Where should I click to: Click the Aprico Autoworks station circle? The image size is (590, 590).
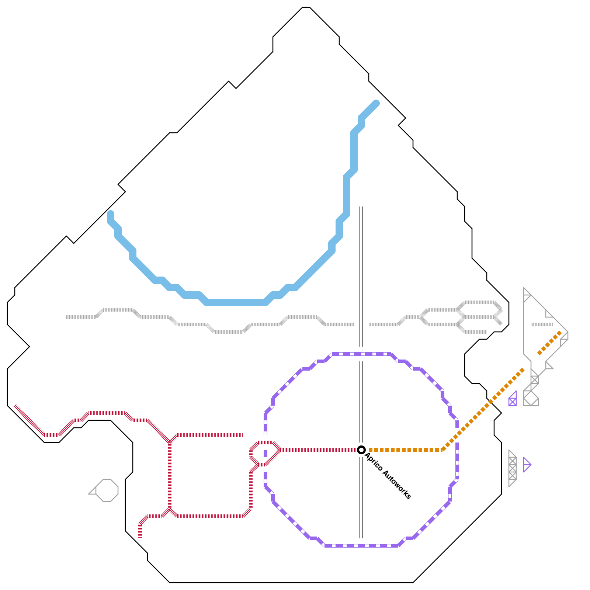click(361, 450)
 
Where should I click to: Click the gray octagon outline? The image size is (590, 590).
click(107, 490)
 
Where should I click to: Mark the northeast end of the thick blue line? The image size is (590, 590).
click(376, 103)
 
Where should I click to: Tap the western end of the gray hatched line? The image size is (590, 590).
click(67, 317)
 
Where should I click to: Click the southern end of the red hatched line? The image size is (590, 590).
click(140, 536)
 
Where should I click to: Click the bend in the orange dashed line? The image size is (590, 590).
click(442, 450)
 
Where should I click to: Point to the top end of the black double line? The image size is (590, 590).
click(361, 208)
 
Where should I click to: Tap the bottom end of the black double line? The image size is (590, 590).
click(361, 537)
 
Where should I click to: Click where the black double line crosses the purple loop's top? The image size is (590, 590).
click(361, 354)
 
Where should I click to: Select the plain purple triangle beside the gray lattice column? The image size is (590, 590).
click(526, 465)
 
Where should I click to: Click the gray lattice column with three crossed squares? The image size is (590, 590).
click(512, 468)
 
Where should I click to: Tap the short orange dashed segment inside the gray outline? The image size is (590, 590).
click(549, 343)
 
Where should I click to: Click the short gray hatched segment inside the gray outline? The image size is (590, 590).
click(542, 324)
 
